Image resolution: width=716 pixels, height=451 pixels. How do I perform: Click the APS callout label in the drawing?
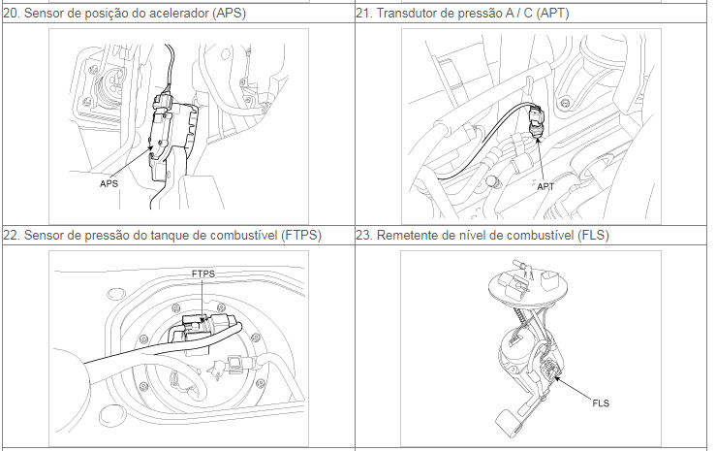click(x=109, y=183)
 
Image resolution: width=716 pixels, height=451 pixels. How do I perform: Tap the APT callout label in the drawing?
click(x=545, y=186)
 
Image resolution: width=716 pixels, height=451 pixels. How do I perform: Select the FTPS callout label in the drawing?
click(x=203, y=274)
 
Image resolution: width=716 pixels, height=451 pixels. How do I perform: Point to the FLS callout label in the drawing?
click(x=601, y=403)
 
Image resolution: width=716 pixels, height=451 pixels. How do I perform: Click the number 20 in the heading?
click(x=12, y=14)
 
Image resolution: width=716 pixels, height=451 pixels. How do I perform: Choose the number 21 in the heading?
click(x=364, y=14)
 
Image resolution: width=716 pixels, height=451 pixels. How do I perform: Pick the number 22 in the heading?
click(x=12, y=236)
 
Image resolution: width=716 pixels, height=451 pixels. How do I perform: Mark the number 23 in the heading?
click(x=364, y=236)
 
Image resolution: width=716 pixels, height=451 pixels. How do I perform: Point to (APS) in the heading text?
click(x=230, y=14)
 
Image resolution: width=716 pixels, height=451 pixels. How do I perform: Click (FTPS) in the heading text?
click(x=301, y=236)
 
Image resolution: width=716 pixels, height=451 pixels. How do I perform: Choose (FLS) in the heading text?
click(x=593, y=236)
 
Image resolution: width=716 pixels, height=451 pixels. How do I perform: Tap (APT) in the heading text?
click(x=552, y=14)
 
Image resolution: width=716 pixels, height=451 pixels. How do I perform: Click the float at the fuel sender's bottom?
click(x=510, y=420)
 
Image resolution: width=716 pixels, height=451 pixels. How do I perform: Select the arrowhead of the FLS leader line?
click(x=557, y=377)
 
